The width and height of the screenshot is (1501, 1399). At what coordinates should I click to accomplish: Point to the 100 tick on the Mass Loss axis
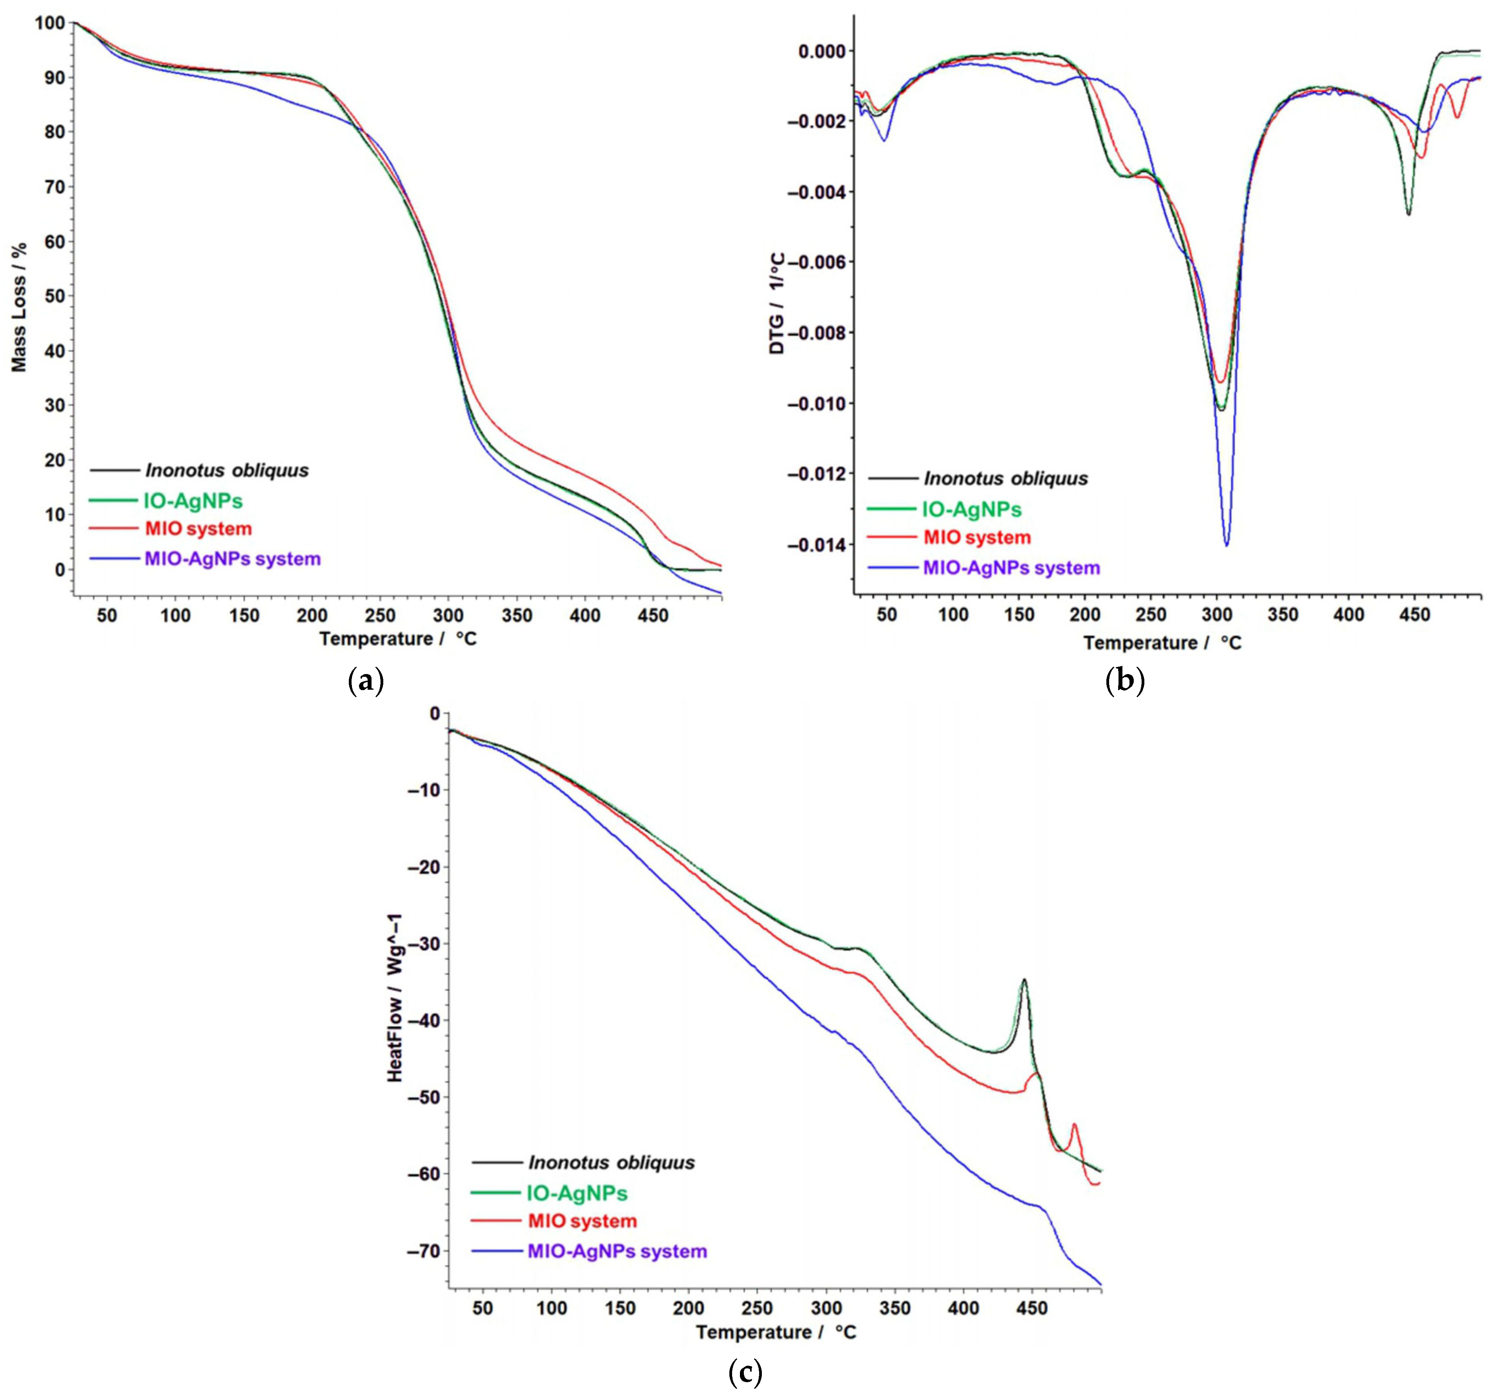coord(50,23)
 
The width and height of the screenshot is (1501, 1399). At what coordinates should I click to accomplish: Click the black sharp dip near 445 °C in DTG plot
coord(1408,215)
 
